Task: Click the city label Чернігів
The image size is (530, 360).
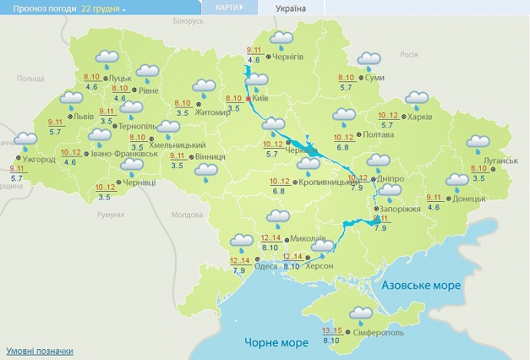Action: pyautogui.click(x=289, y=58)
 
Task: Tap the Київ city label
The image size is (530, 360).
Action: pyautogui.click(x=260, y=98)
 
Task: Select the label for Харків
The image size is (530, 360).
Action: pyautogui.click(x=418, y=117)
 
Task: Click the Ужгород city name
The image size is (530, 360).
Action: pyautogui.click(x=39, y=159)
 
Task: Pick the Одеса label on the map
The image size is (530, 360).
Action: pyautogui.click(x=266, y=266)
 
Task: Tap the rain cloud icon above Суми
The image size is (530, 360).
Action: pyautogui.click(x=369, y=60)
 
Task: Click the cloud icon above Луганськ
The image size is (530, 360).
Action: pyautogui.click(x=479, y=142)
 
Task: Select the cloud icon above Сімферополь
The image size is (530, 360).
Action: pyautogui.click(x=360, y=314)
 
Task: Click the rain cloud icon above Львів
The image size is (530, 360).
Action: pyautogui.click(x=72, y=100)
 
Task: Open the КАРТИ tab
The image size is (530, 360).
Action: pyautogui.click(x=228, y=7)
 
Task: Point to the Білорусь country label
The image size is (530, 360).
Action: pyautogui.click(x=187, y=21)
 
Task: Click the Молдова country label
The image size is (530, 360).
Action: pyautogui.click(x=186, y=214)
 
